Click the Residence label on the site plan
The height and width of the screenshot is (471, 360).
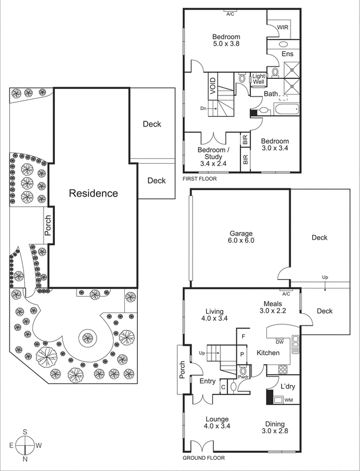(x=93, y=193)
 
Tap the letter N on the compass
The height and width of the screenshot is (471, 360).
(x=26, y=458)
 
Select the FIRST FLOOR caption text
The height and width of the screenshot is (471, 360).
(x=199, y=178)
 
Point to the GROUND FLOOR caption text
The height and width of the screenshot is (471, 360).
(x=203, y=457)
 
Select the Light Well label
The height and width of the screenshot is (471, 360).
(x=258, y=79)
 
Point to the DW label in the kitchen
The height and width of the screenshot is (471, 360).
(x=280, y=341)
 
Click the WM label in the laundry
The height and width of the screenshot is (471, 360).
(x=288, y=400)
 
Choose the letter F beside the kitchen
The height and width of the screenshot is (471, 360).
(x=243, y=336)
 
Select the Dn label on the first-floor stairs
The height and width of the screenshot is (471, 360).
(x=203, y=108)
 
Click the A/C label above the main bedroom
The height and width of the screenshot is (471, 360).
(x=230, y=14)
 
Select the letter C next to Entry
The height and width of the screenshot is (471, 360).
(x=223, y=387)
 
